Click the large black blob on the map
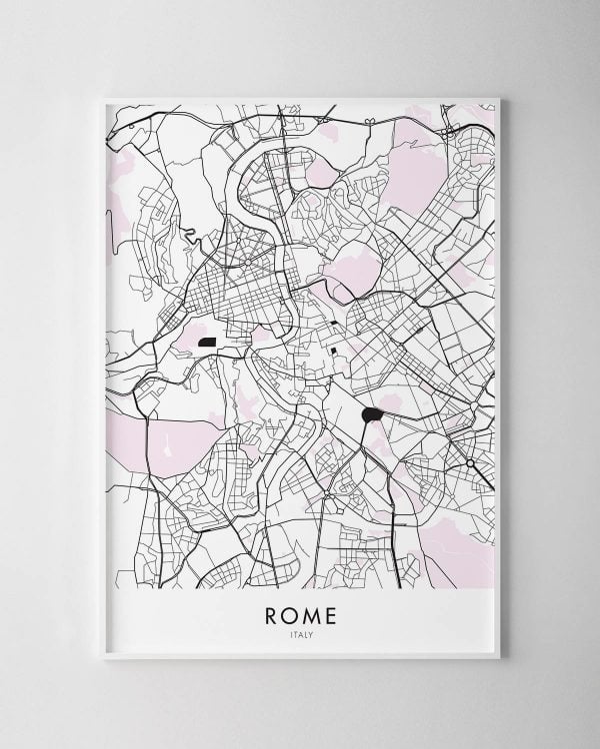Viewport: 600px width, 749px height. click(371, 414)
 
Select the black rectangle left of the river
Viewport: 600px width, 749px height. click(208, 342)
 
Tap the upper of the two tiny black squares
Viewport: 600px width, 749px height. click(333, 324)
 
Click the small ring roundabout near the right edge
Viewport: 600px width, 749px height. click(470, 463)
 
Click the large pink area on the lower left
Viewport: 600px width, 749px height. click(180, 439)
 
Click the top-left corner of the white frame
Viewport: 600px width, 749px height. click(104, 98)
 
